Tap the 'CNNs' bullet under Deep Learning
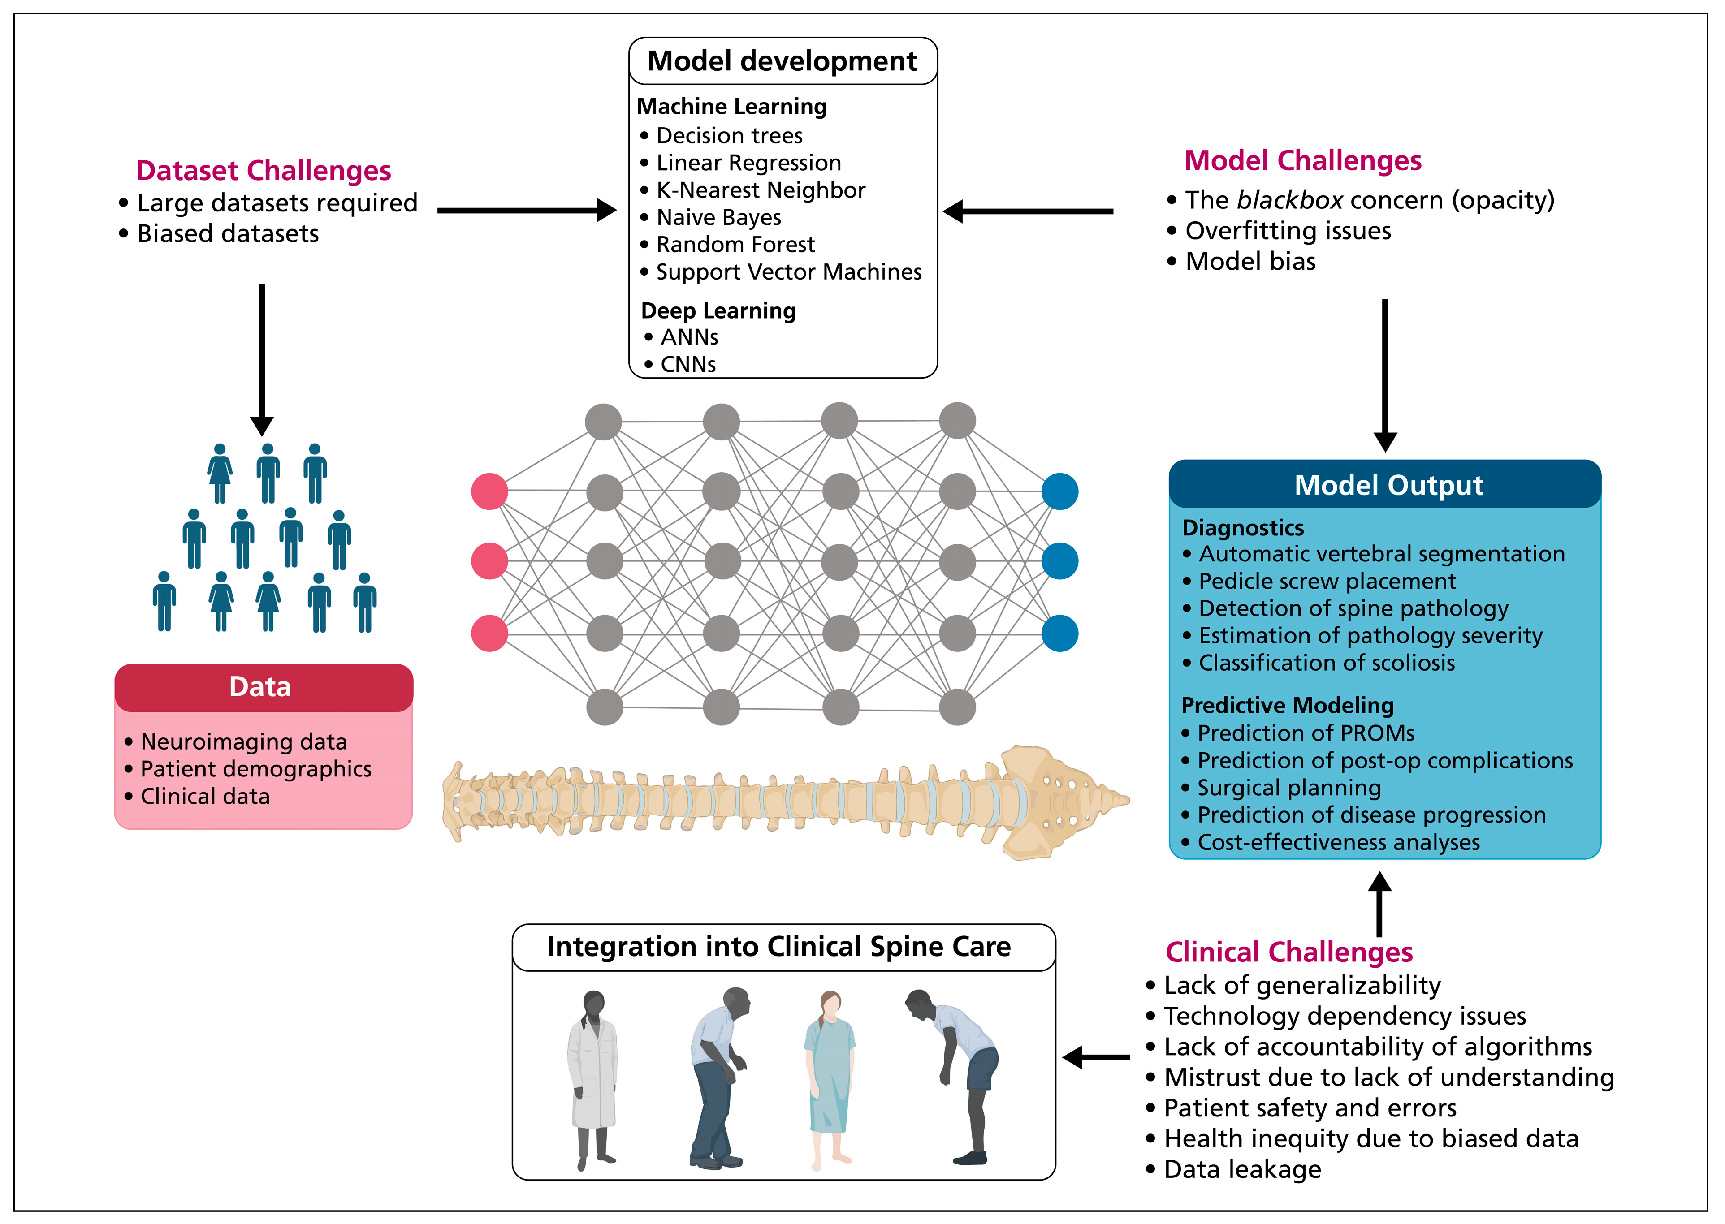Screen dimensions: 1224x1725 [x=687, y=364]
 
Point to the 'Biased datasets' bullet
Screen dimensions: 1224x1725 [x=228, y=234]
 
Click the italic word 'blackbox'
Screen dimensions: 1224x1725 [x=1290, y=200]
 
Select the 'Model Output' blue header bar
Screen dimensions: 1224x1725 [x=1384, y=485]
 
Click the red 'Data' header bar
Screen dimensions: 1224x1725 [x=263, y=687]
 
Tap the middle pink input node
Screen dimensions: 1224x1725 [x=489, y=561]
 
